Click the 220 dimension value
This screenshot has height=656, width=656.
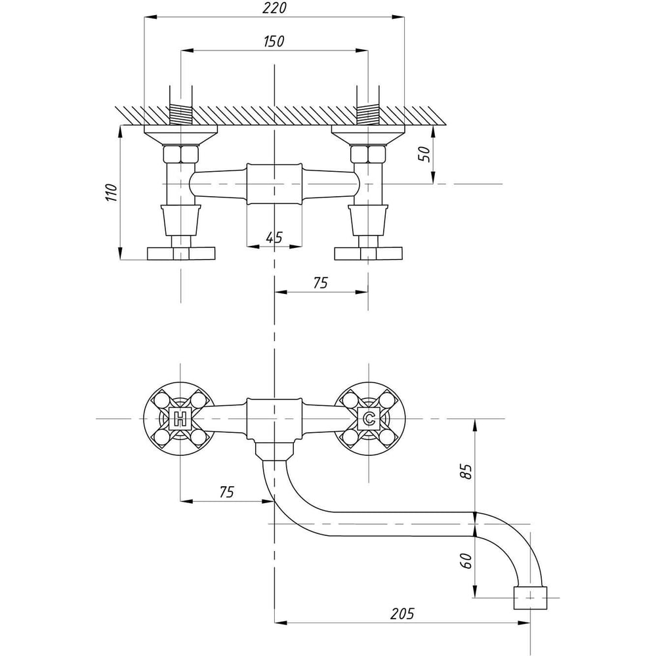[x=274, y=9]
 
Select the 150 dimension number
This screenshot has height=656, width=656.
[x=274, y=41]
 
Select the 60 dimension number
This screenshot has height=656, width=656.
[x=465, y=562]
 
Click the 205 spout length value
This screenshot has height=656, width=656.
[x=401, y=614]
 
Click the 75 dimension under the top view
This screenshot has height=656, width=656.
[x=319, y=283]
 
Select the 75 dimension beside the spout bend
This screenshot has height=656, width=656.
[x=226, y=492]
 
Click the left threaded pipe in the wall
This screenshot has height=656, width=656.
[x=180, y=115]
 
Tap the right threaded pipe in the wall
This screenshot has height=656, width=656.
[x=368, y=115]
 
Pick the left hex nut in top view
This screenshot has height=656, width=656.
[x=180, y=155]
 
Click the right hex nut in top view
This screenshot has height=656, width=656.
[x=368, y=155]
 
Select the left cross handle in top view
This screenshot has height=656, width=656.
[x=180, y=253]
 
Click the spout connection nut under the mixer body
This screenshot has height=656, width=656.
[x=274, y=451]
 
